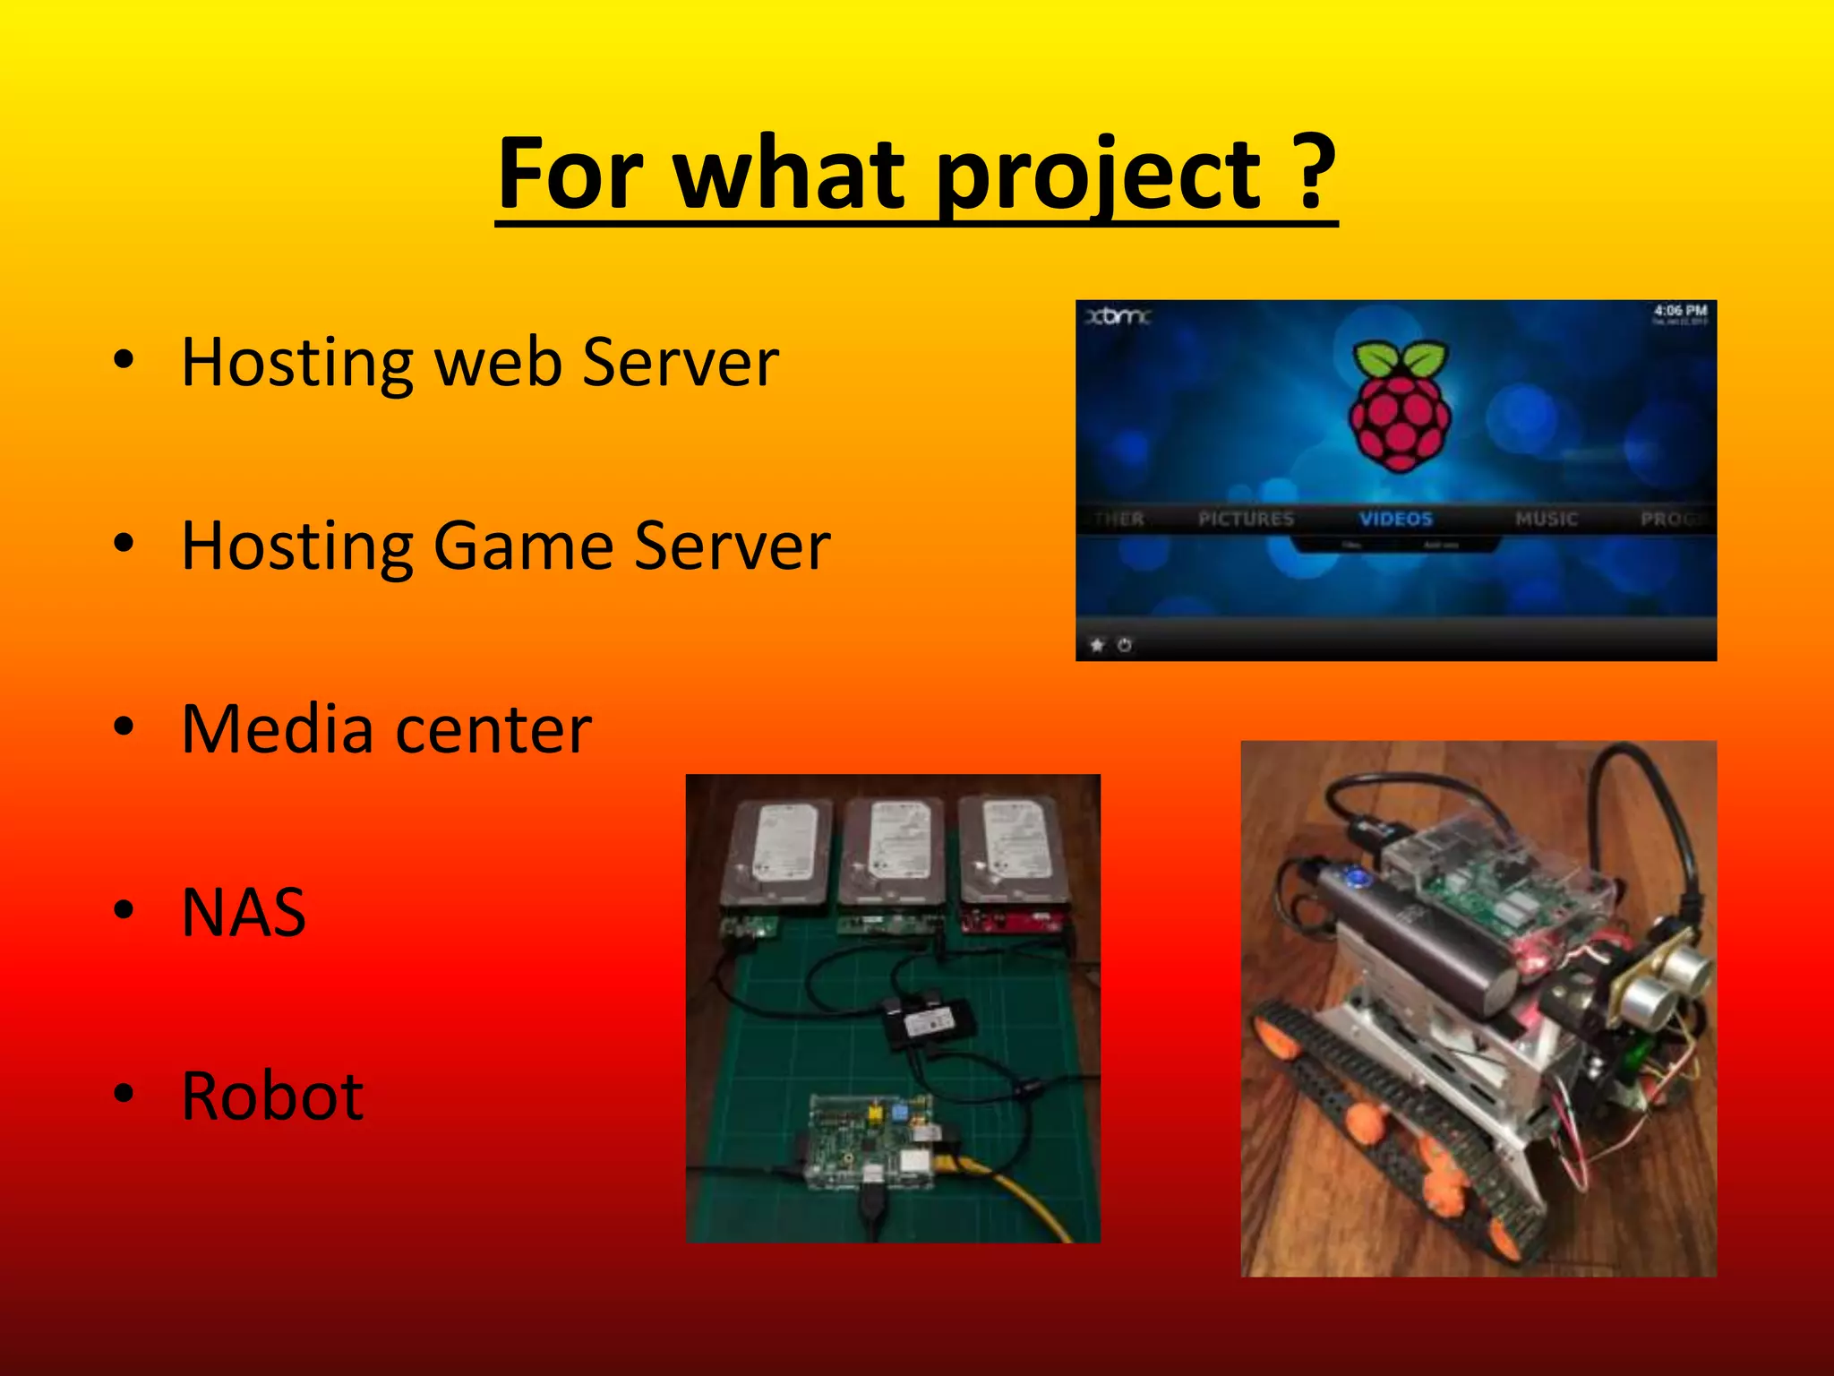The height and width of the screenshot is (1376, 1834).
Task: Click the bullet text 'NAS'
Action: tap(244, 913)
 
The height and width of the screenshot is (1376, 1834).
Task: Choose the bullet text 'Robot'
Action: tap(272, 1096)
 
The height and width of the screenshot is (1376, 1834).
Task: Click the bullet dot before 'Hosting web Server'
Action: tap(124, 360)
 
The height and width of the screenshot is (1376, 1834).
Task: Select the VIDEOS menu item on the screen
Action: tap(1395, 519)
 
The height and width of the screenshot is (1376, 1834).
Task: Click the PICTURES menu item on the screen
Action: tap(1246, 519)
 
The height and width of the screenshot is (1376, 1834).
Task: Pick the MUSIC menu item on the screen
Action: tap(1546, 519)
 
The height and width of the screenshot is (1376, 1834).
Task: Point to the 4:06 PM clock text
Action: tap(1680, 311)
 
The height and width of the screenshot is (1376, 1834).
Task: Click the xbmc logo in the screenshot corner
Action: tap(1117, 316)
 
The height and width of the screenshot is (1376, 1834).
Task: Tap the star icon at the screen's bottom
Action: tap(1097, 644)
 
